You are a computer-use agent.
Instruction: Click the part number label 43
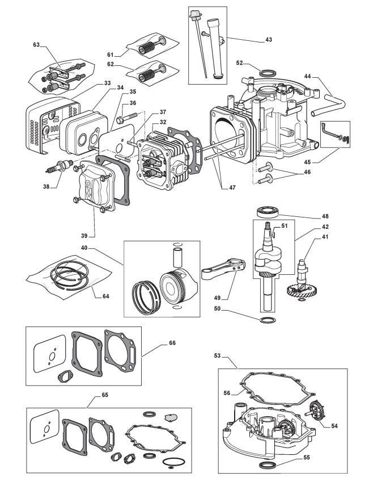click(269, 40)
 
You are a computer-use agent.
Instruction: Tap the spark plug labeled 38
click(60, 166)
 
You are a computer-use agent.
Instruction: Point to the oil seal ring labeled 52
click(269, 73)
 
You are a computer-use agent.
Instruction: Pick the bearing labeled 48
click(268, 212)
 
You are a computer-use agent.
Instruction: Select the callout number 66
click(172, 343)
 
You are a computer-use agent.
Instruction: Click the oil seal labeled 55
click(268, 465)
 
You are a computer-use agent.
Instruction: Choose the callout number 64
click(105, 296)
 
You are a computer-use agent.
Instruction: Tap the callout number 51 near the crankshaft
click(284, 226)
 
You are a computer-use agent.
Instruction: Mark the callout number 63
click(36, 45)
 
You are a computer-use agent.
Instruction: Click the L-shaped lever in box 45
click(329, 130)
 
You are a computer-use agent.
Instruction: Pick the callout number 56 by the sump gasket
click(227, 393)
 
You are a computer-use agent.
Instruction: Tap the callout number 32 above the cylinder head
click(163, 122)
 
